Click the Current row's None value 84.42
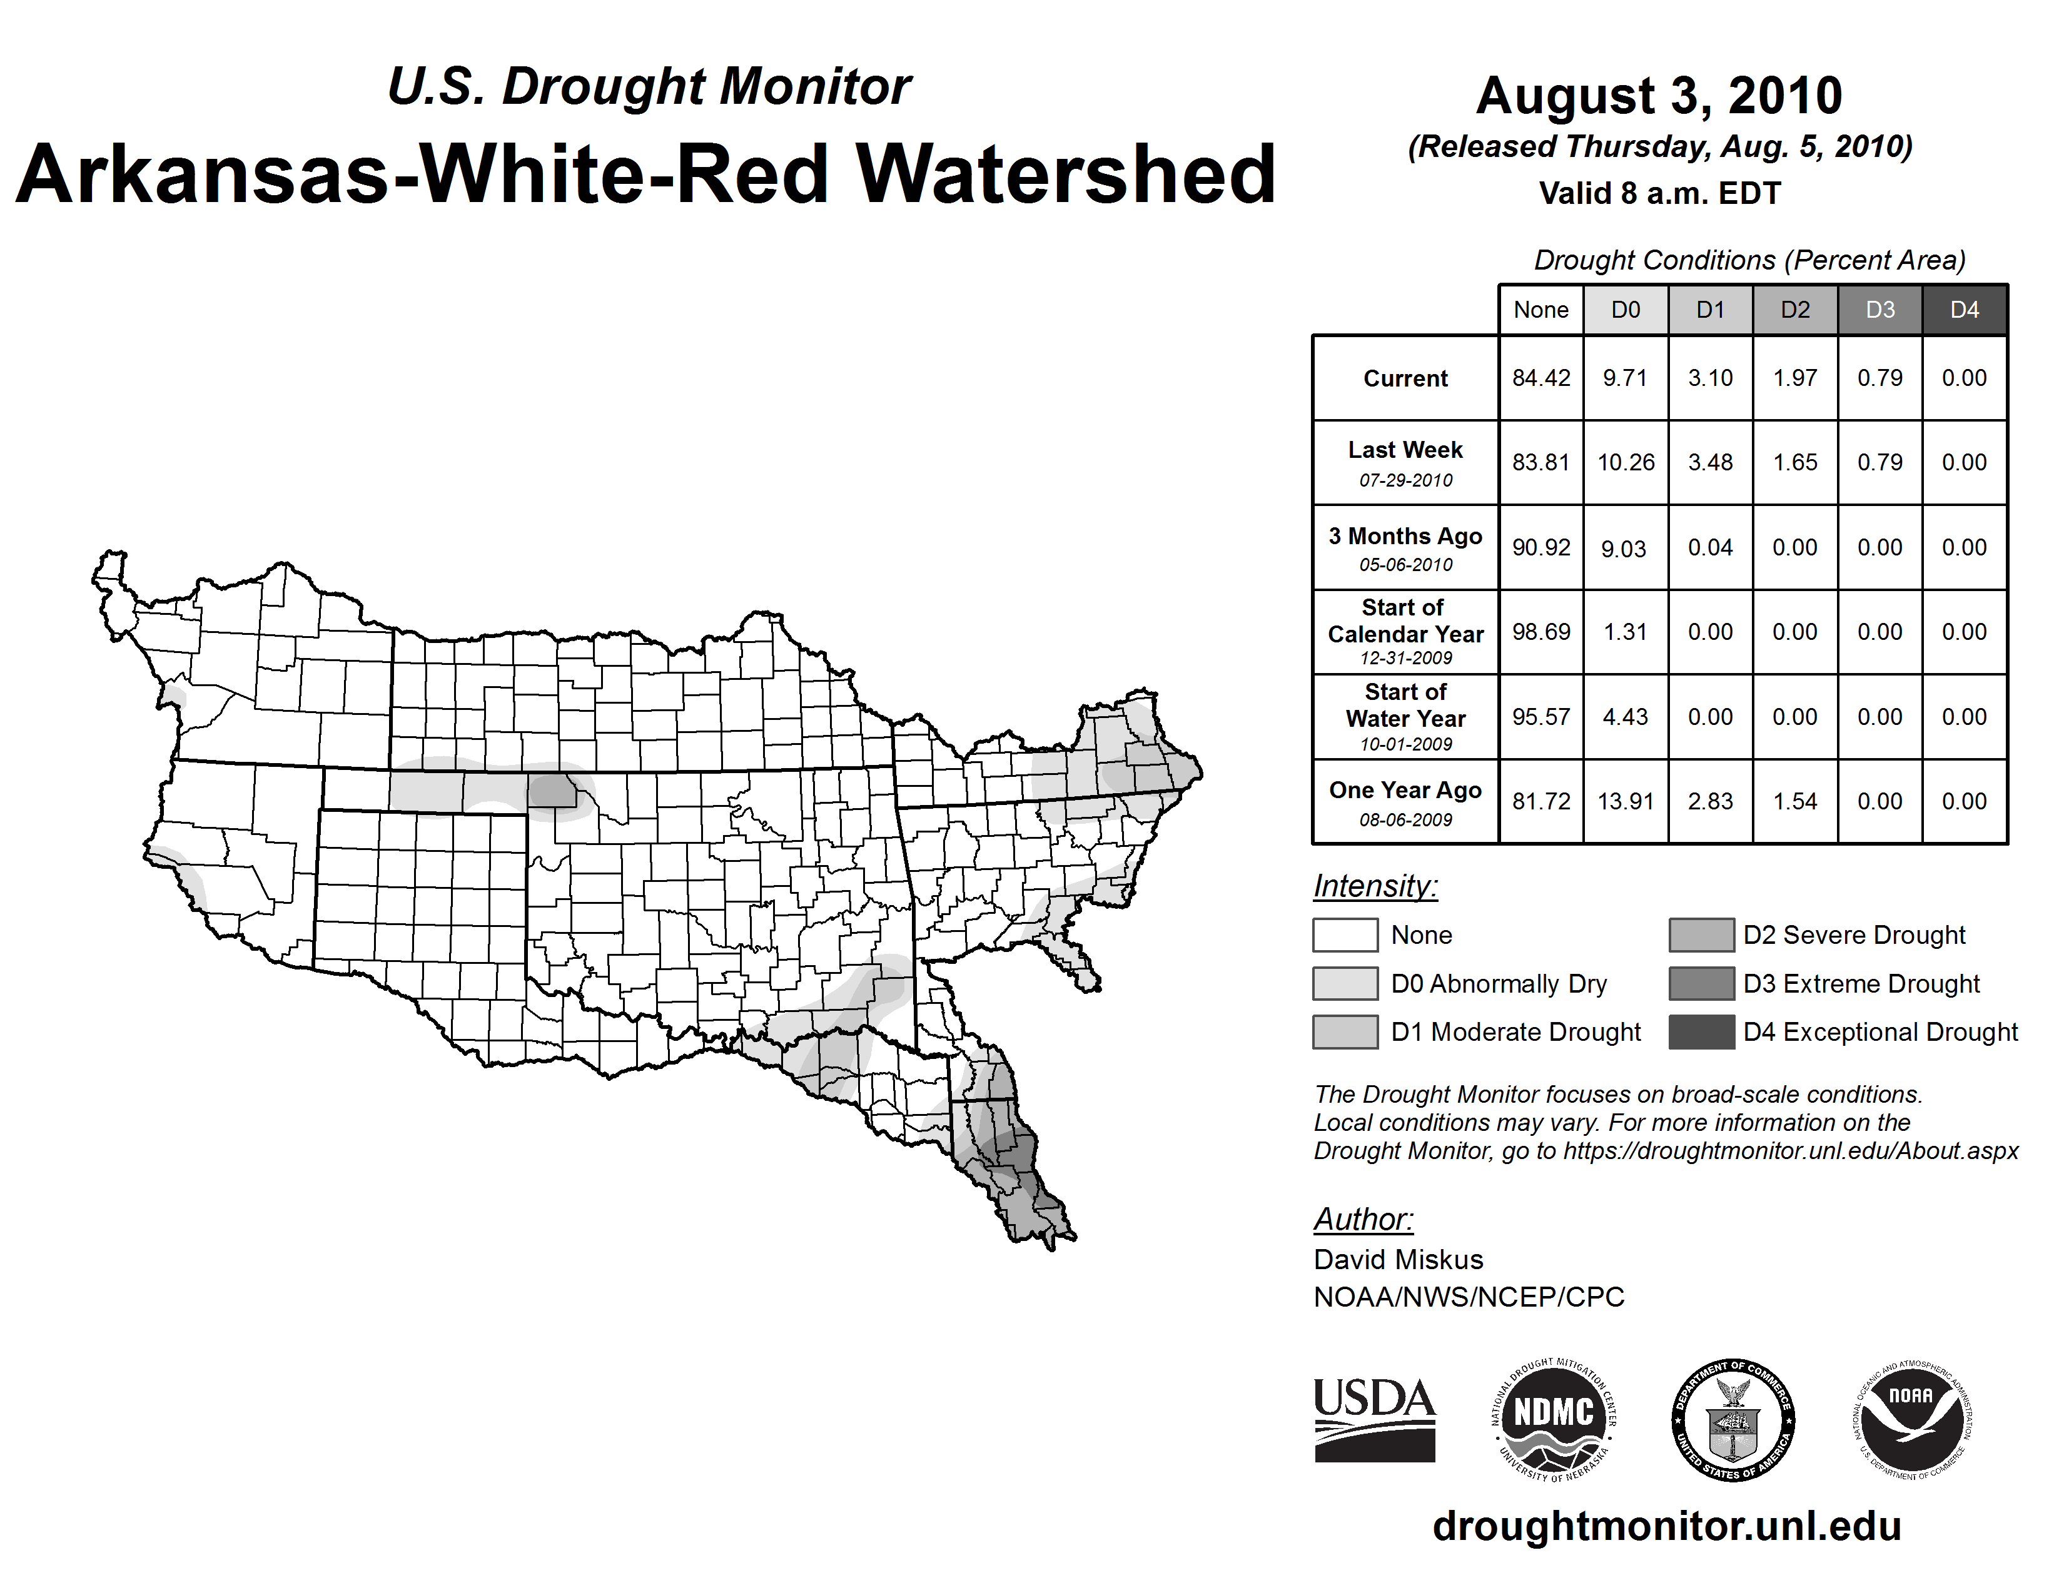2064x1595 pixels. pyautogui.click(x=1540, y=378)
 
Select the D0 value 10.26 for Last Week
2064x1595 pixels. pyautogui.click(x=1626, y=462)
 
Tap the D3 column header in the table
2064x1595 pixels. pyautogui.click(x=1879, y=310)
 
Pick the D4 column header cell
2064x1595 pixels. pyautogui.click(x=1964, y=310)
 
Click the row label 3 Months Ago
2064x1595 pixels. pyautogui.click(x=1405, y=537)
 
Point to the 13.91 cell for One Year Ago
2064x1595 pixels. pyautogui.click(x=1626, y=801)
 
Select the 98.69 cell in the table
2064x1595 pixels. pyautogui.click(x=1540, y=631)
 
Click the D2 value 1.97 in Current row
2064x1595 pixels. pyautogui.click(x=1794, y=378)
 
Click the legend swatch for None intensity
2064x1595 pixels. pyautogui.click(x=1345, y=934)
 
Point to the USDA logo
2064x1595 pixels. pyautogui.click(x=1374, y=1419)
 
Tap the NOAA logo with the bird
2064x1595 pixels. pyautogui.click(x=1911, y=1419)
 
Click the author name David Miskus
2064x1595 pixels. pyautogui.click(x=1398, y=1260)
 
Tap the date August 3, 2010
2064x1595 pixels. pyautogui.click(x=1659, y=96)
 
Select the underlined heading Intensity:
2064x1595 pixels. pyautogui.click(x=1375, y=886)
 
